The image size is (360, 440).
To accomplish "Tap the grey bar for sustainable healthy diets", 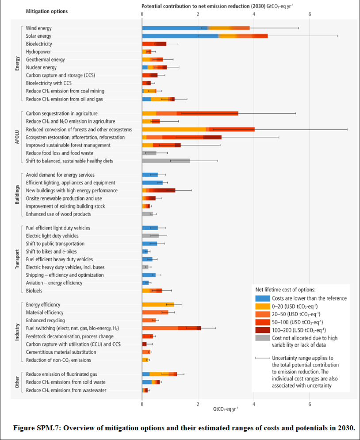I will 166,161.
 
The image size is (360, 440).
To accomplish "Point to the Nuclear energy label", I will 41,67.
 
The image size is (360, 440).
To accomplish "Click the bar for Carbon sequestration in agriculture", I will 190,113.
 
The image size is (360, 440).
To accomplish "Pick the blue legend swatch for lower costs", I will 263,298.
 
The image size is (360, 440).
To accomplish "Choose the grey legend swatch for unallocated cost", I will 263,338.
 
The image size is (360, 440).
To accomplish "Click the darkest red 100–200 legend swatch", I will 263,330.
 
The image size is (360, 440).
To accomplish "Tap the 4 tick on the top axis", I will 254,14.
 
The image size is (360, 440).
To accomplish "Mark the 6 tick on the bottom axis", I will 310,404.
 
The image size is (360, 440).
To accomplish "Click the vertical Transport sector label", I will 17,259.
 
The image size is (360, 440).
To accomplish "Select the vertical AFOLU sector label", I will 17,138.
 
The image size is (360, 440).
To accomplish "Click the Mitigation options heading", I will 47,11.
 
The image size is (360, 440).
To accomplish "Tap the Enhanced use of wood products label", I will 58,214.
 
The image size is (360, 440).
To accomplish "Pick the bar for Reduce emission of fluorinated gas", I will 159,374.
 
